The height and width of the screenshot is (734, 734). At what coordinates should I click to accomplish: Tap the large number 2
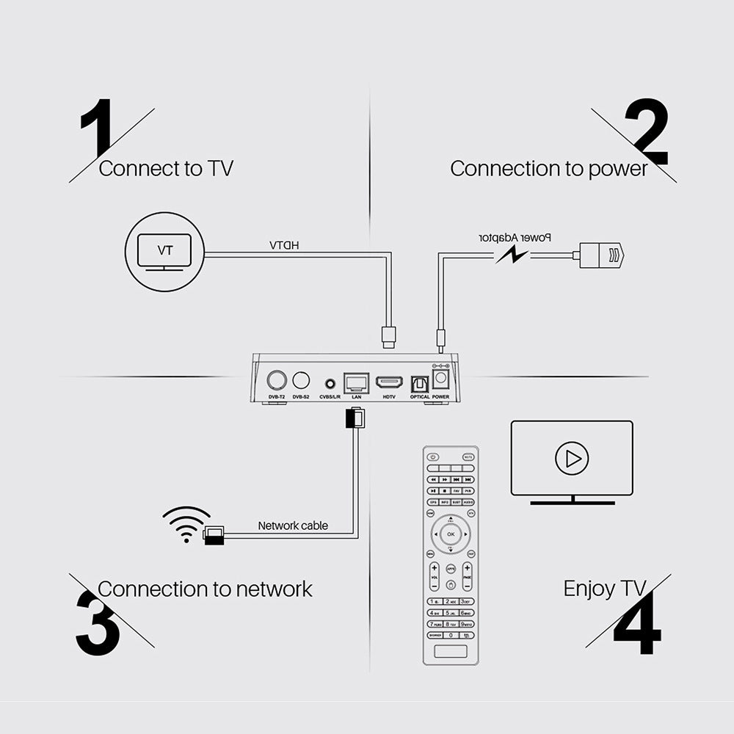646,132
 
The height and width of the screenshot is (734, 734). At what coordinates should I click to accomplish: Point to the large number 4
637,624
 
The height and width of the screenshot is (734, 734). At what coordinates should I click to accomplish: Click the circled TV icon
165,252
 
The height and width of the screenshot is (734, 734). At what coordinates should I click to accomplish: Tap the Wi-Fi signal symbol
186,523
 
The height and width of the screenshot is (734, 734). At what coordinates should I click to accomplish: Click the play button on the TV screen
572,459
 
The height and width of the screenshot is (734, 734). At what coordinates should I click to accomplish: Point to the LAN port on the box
357,382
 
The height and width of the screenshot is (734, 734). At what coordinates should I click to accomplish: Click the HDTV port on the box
389,382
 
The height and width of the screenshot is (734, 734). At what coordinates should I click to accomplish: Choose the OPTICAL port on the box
420,383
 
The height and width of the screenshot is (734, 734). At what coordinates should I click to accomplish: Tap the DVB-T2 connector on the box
277,380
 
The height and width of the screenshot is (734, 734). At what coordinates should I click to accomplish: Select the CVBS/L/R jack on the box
330,383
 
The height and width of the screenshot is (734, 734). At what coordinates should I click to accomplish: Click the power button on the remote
432,457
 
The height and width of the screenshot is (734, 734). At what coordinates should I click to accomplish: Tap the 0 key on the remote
451,635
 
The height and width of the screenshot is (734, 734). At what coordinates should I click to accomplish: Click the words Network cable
293,526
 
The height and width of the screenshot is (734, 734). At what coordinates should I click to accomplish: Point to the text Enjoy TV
604,588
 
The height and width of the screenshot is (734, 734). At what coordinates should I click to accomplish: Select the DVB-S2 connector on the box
301,380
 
